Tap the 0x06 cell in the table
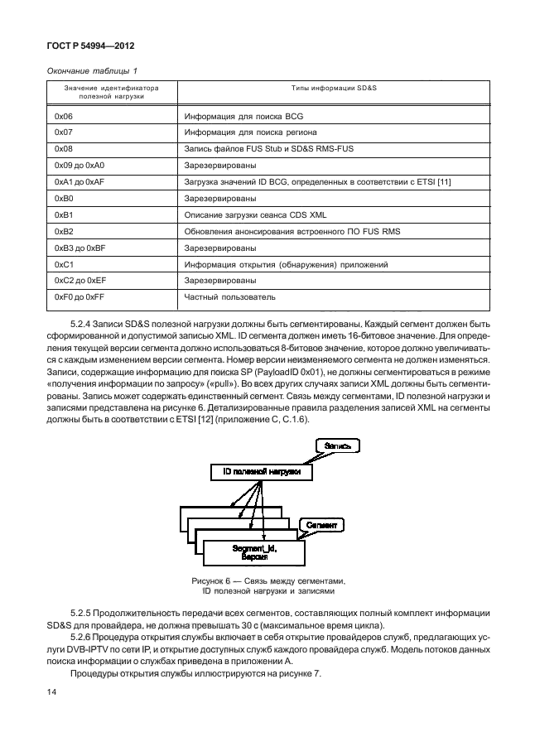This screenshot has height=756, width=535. (63, 117)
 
